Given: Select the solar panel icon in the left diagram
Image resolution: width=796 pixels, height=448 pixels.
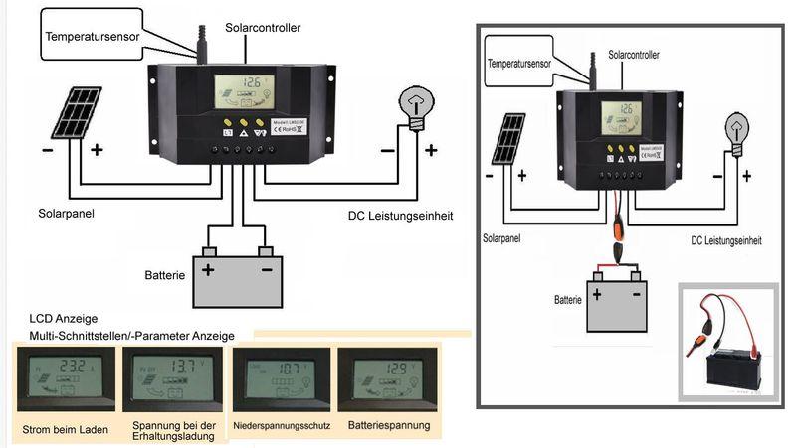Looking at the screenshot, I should pyautogui.click(x=77, y=112).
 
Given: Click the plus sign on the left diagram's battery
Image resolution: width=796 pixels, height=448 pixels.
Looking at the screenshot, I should pyautogui.click(x=209, y=270).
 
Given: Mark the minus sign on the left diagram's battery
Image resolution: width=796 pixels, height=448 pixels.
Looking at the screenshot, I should pyautogui.click(x=266, y=270).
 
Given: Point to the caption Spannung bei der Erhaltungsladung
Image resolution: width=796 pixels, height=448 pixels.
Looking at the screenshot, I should pyautogui.click(x=173, y=431).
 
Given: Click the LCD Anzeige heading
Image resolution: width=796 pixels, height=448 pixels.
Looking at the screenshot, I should pyautogui.click(x=64, y=319).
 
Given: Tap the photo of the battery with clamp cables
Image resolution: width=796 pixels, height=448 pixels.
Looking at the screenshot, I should pyautogui.click(x=727, y=343).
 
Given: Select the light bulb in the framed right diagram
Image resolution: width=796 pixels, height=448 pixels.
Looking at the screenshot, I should pyautogui.click(x=734, y=130).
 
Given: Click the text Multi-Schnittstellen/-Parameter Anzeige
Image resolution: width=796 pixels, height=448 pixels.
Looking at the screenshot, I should pyautogui.click(x=129, y=338).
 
